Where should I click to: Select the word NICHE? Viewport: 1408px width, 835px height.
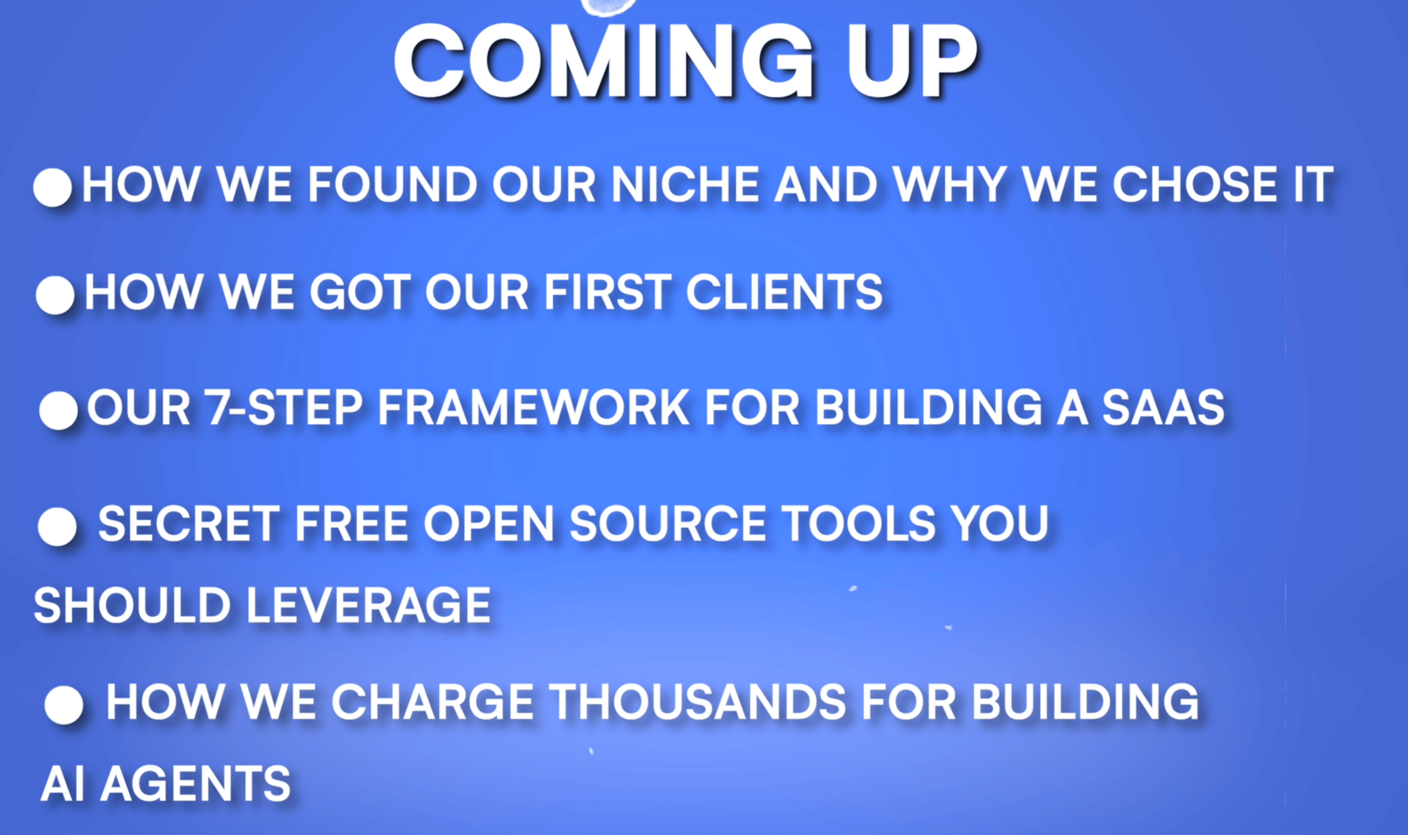click(x=686, y=184)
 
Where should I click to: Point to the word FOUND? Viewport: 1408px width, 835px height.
click(x=392, y=184)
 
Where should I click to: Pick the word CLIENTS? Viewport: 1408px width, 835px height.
click(x=784, y=292)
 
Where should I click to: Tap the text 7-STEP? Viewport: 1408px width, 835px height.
click(x=283, y=407)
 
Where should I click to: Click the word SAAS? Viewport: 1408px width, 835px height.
click(x=1163, y=407)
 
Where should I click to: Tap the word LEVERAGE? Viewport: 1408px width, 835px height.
click(x=368, y=605)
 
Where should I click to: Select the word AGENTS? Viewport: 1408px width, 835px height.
click(x=195, y=783)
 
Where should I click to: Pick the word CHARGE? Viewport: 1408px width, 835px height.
click(x=433, y=701)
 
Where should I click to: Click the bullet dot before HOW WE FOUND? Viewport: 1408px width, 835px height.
click(x=53, y=187)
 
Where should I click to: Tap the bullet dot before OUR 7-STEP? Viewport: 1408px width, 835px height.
click(x=58, y=410)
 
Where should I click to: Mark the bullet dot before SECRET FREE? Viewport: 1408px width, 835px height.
click(x=57, y=526)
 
